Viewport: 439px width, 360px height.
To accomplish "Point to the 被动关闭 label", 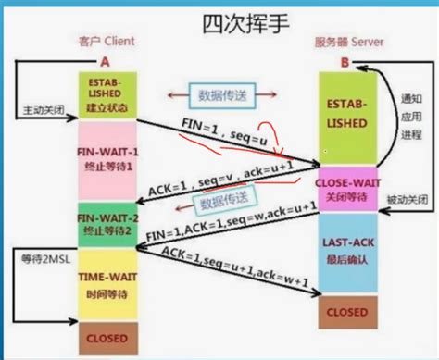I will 407,198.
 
